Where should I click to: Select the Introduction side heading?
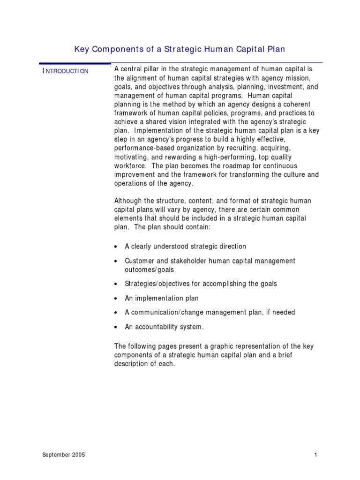(x=65, y=71)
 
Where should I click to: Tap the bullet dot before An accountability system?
(x=116, y=327)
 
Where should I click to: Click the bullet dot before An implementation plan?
(x=116, y=299)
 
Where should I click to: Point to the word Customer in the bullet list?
(x=139, y=261)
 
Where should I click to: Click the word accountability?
(x=157, y=327)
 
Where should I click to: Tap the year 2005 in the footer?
(x=77, y=455)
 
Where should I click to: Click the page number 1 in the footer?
(x=316, y=455)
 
